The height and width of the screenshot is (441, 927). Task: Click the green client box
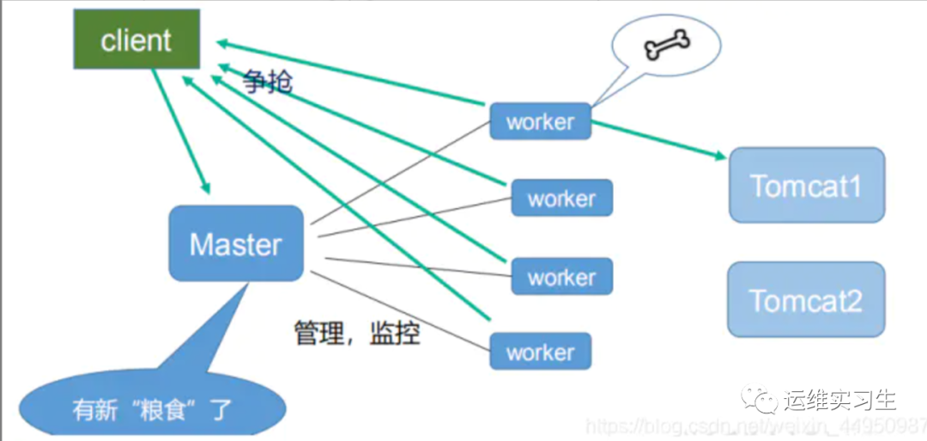136,40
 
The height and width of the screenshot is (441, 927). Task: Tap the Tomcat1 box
806,185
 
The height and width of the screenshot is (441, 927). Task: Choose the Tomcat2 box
806,299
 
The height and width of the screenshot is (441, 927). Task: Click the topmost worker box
540,121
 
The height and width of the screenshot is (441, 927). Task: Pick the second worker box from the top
561,198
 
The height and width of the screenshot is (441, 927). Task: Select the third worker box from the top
561,277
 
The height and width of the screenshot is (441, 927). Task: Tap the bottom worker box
540,352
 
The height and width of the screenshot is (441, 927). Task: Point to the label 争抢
267,81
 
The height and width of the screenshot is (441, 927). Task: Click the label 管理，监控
357,333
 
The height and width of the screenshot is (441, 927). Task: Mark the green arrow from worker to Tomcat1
657,138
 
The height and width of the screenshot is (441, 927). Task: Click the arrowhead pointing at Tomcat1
719,156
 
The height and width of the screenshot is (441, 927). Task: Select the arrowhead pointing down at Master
204,187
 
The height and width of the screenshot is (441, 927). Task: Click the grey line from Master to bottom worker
399,313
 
